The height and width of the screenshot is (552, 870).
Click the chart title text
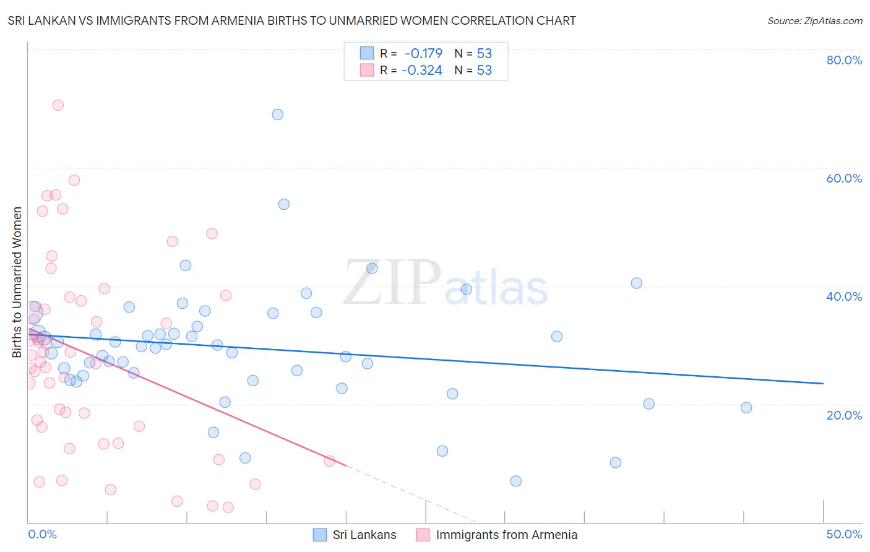[291, 21]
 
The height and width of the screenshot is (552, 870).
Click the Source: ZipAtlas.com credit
[814, 21]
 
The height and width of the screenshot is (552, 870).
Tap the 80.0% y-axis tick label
[844, 60]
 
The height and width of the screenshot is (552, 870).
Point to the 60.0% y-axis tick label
[844, 178]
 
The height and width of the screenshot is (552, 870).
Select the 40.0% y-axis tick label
[844, 296]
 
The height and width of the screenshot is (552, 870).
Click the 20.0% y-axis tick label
[844, 415]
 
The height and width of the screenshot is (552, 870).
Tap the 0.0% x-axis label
[42, 534]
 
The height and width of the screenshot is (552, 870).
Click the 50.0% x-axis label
[844, 534]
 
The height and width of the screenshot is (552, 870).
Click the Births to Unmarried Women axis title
[17, 282]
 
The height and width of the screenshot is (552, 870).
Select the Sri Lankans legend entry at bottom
[355, 535]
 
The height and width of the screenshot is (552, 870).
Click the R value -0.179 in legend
[423, 54]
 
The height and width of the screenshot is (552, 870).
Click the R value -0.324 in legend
[422, 71]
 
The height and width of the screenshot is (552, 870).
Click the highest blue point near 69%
[278, 114]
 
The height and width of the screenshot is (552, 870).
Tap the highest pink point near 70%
[58, 105]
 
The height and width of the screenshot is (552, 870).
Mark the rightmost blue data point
[746, 408]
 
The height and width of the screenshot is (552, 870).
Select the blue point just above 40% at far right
[636, 283]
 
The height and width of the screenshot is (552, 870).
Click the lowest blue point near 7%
[516, 481]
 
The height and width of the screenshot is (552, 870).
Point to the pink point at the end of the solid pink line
[329, 461]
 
